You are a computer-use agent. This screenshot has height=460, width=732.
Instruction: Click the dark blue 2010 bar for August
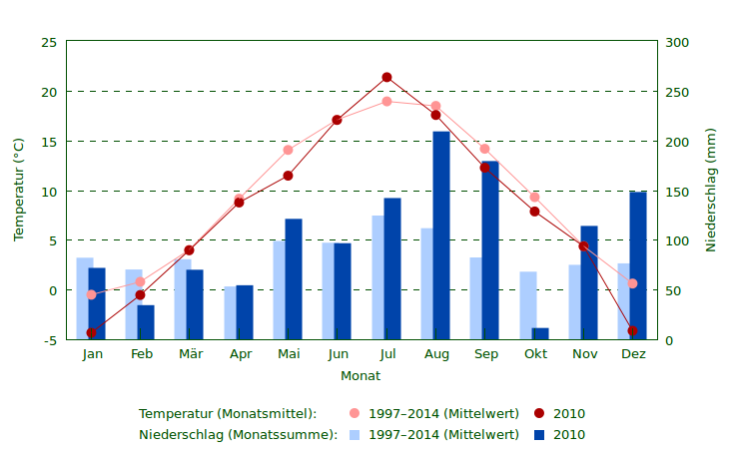pos(440,235)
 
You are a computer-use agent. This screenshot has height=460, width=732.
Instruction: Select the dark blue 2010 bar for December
pos(637,265)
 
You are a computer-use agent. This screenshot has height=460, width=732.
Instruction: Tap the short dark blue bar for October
pos(540,333)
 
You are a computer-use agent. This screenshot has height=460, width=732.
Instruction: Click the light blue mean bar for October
pos(527,305)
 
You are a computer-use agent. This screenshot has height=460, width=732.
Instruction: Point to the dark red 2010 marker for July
pos(386,78)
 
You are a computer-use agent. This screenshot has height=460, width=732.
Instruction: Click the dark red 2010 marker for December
pos(632,330)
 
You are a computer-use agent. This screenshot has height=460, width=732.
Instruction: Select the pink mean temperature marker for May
pos(288,151)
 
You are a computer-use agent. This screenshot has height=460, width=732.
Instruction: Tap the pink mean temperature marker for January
pos(91,294)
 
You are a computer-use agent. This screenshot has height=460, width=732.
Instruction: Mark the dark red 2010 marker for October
pos(534,212)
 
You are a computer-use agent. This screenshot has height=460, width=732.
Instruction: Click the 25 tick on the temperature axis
pos(49,42)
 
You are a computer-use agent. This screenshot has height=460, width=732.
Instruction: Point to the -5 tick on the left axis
pos(49,340)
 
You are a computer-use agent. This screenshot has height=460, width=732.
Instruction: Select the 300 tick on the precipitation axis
pos(678,42)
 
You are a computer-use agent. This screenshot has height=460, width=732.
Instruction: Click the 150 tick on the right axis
pos(678,192)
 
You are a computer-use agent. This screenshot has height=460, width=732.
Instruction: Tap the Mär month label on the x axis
pos(190,354)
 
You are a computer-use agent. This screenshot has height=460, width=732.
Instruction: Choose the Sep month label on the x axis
pos(485,354)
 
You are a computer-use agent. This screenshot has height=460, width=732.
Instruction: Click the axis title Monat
pos(360,376)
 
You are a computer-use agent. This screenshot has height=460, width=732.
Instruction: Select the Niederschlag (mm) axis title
pos(711,190)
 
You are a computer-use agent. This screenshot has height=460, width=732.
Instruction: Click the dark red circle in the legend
pos(539,414)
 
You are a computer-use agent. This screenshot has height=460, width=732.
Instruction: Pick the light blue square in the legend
pos(355,435)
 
